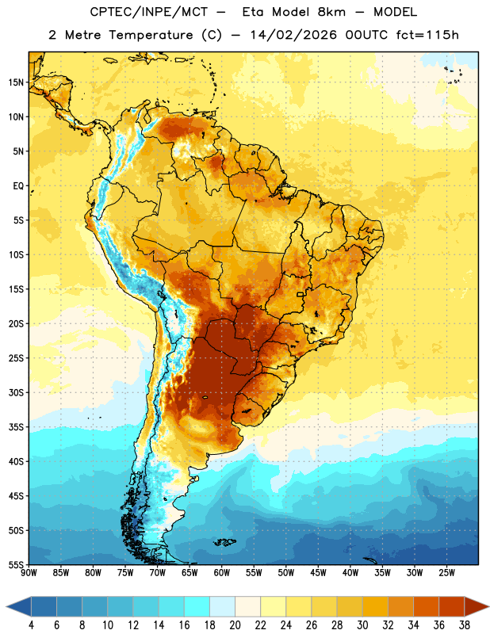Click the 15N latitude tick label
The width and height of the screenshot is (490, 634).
(16, 82)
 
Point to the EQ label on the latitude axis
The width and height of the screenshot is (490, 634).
(18, 186)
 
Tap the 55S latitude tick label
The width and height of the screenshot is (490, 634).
(16, 564)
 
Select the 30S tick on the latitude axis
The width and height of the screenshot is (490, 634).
(16, 392)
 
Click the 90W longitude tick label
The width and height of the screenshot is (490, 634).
(29, 573)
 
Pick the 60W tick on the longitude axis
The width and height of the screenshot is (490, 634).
(222, 573)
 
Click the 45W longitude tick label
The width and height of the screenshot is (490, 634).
(318, 573)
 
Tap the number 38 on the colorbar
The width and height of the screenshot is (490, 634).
(465, 625)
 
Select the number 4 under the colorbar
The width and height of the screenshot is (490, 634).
(31, 625)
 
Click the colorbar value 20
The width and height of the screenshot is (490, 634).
(235, 625)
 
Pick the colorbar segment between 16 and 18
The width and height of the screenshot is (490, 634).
(197, 606)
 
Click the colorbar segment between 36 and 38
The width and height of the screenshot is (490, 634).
(452, 606)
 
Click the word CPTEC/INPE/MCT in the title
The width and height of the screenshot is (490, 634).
(149, 12)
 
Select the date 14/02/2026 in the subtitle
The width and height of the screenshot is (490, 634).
(293, 35)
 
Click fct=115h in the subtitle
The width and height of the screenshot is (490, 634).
(427, 35)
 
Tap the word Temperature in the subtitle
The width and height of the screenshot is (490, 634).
(151, 35)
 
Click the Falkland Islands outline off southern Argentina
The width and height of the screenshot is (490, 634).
(224, 542)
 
